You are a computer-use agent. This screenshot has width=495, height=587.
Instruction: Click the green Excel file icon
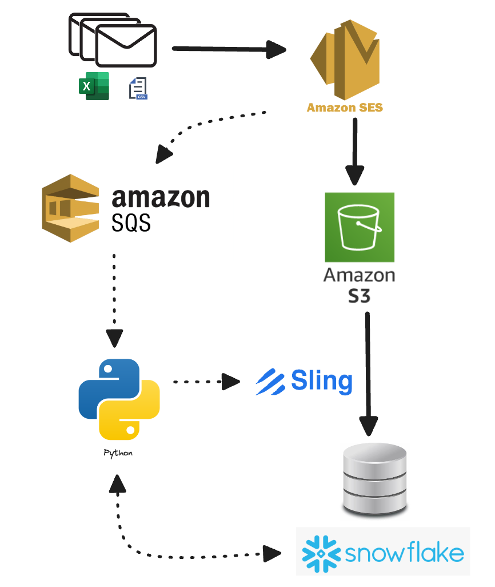94,86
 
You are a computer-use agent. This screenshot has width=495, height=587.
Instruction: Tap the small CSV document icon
138,89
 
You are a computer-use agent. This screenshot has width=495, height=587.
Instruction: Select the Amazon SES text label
345,108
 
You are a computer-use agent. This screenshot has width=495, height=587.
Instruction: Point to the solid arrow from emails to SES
229,49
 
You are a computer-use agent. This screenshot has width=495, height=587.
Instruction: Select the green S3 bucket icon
360,227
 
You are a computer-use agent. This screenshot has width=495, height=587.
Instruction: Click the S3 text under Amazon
359,296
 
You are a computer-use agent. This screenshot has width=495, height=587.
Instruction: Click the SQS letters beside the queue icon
131,221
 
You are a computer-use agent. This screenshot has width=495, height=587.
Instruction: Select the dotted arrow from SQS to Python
114,298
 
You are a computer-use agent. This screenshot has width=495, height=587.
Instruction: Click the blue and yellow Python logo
119,398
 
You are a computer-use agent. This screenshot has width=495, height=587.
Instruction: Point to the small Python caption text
118,453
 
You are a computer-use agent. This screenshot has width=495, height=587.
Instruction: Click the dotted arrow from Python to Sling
206,381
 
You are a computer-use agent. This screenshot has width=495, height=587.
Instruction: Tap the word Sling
322,380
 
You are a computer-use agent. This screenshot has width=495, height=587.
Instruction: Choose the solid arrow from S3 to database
368,372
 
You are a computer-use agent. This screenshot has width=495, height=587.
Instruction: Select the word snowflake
404,554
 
